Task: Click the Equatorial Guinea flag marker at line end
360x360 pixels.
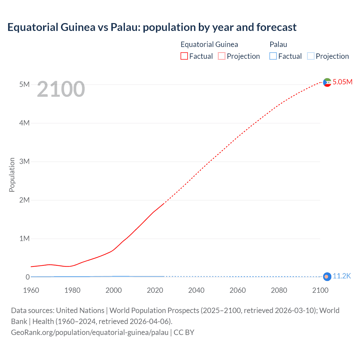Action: point(327,82)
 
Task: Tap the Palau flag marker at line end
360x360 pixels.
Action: point(327,277)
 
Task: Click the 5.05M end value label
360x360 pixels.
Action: point(342,82)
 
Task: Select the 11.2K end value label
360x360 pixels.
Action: point(342,276)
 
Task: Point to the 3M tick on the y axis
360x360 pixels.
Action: point(24,161)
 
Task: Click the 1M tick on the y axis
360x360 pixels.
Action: point(24,238)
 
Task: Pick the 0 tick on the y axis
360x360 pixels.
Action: point(28,277)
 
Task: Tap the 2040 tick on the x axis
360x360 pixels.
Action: point(196,290)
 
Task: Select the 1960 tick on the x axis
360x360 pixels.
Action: point(31,290)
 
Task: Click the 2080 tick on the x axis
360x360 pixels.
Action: point(279,290)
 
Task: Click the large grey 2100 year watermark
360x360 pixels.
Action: point(61,89)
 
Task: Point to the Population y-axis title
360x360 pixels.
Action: point(12,175)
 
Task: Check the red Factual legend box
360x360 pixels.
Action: point(184,56)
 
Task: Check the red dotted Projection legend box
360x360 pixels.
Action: point(222,56)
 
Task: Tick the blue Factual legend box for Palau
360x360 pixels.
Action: point(273,56)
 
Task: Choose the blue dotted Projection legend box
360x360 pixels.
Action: point(311,56)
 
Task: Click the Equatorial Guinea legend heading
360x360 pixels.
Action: point(209,44)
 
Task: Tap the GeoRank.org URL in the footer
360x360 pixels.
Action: point(89,332)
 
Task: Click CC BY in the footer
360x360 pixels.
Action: point(184,332)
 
